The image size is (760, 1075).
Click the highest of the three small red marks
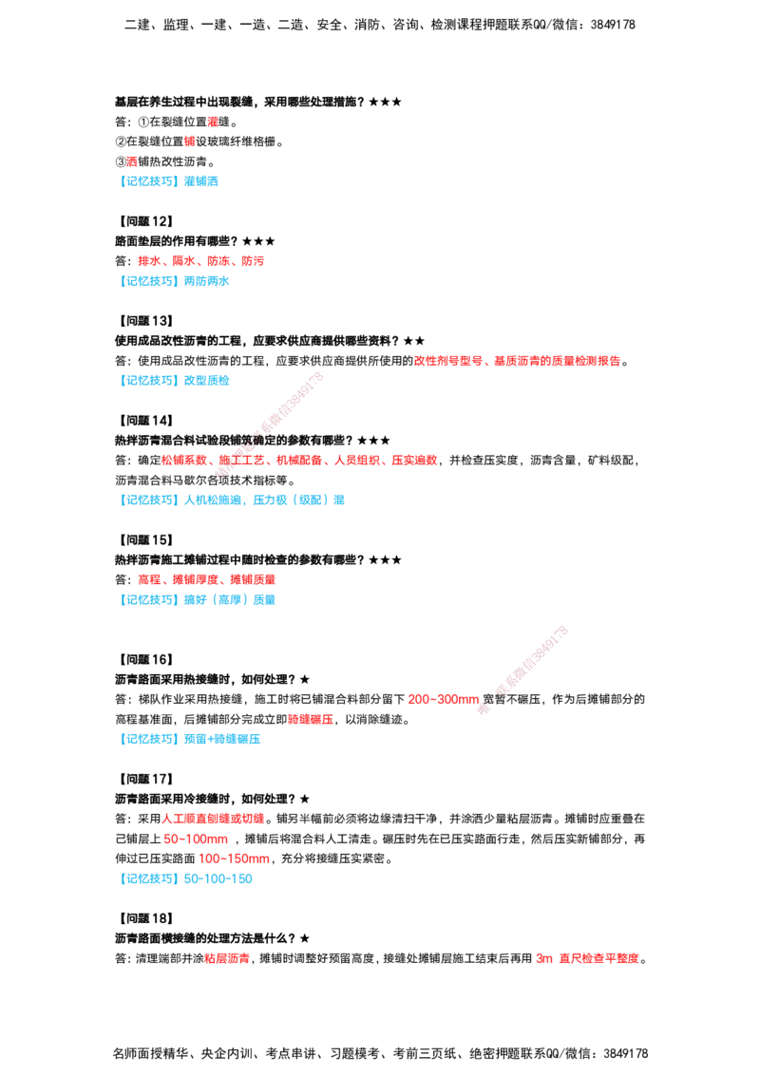pos(213,122)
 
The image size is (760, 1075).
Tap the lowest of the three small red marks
pos(132,160)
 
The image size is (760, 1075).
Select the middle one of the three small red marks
pos(189,141)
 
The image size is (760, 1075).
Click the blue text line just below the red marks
pos(171,181)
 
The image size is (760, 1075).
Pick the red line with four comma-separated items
pos(200,260)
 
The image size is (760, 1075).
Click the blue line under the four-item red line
pos(178,281)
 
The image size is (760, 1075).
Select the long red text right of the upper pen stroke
pos(518,361)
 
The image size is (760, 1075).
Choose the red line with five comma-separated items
pos(299,462)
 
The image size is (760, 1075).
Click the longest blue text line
pos(235,500)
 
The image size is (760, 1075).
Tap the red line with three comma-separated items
pos(206,578)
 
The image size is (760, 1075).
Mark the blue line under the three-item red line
pos(200,599)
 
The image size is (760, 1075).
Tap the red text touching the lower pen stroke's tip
pos(444,700)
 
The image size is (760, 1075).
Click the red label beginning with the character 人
pos(214,819)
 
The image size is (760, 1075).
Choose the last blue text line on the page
pos(189,880)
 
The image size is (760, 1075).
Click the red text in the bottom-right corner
pos(587,959)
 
